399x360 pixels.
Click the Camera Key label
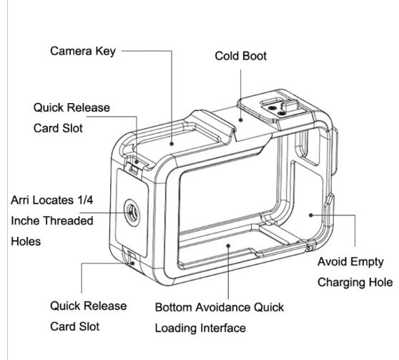pyautogui.click(x=83, y=52)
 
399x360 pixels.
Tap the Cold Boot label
pyautogui.click(x=240, y=56)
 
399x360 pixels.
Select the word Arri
pyautogui.click(x=21, y=200)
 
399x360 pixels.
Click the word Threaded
pyautogui.click(x=69, y=220)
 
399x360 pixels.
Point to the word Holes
pyautogui.click(x=26, y=241)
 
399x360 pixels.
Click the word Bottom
pyautogui.click(x=173, y=307)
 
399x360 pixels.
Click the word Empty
pyautogui.click(x=367, y=262)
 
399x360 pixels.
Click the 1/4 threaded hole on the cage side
pyautogui.click(x=132, y=213)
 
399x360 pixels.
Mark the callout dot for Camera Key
pyautogui.click(x=172, y=144)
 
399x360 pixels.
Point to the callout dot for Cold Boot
pyautogui.click(x=240, y=120)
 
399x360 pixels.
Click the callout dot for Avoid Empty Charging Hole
pyautogui.click(x=311, y=215)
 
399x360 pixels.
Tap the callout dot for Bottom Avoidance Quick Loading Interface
pyautogui.click(x=228, y=246)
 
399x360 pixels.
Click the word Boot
pyautogui.click(x=255, y=56)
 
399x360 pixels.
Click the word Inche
pyautogui.click(x=26, y=220)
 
